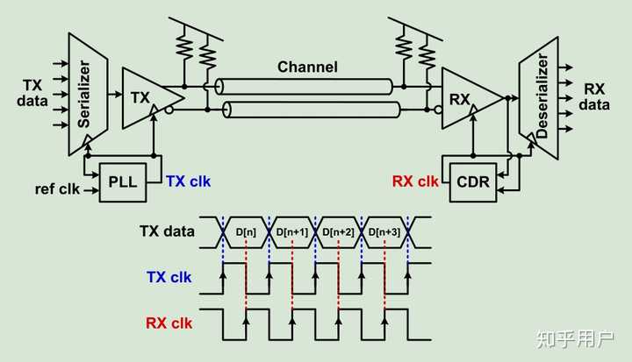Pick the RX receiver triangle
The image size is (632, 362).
click(x=464, y=99)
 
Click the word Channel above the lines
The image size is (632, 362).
click(x=307, y=67)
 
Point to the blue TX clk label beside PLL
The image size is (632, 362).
click(x=188, y=182)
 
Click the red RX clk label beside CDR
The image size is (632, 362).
click(x=415, y=182)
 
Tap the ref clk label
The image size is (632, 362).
click(x=57, y=188)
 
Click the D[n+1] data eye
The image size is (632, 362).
click(x=293, y=231)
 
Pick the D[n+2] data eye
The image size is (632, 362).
click(x=339, y=231)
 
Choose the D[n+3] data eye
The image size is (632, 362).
click(x=385, y=231)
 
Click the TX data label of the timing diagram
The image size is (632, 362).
click(x=168, y=231)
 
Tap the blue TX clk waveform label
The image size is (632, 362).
click(x=168, y=277)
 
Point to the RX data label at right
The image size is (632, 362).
click(x=596, y=96)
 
